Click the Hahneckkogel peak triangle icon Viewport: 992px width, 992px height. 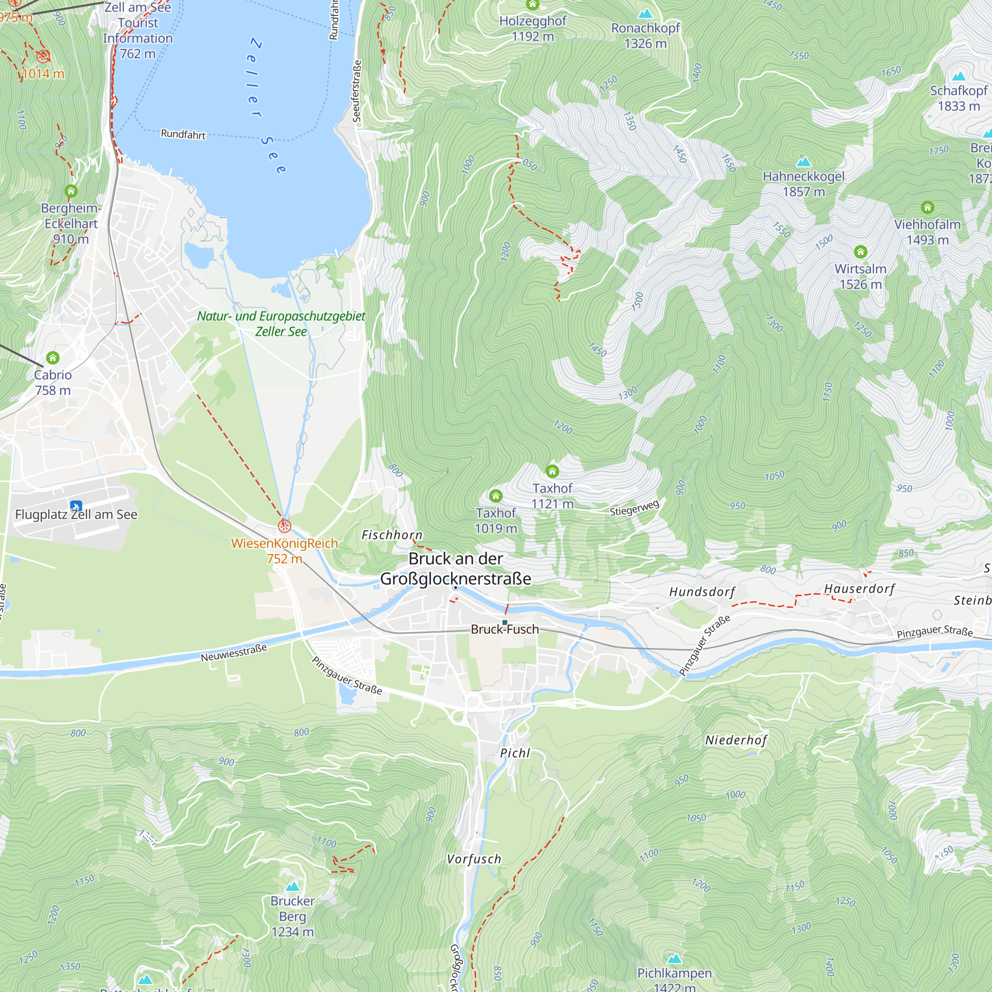[804, 162]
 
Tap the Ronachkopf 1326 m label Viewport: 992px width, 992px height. [645, 35]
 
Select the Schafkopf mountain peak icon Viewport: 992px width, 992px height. [959, 76]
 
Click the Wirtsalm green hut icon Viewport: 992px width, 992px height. [861, 251]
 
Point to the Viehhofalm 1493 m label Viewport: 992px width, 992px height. [928, 232]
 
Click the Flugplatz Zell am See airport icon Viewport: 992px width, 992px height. [76, 506]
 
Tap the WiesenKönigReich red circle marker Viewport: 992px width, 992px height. [284, 526]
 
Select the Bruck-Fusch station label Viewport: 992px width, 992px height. [505, 629]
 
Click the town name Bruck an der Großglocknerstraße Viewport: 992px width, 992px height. [455, 568]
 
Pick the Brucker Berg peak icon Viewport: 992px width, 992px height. [293, 886]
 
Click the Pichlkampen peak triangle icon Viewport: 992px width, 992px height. [674, 959]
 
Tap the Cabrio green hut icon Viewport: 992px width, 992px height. [53, 357]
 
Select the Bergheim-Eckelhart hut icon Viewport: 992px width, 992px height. [71, 191]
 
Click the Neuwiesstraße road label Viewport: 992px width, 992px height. [234, 653]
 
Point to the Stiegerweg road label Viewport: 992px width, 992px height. [634, 508]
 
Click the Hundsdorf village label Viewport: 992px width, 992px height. [702, 592]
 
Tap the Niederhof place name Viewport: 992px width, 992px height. [736, 740]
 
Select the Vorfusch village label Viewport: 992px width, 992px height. [473, 859]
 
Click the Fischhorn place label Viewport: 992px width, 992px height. [392, 535]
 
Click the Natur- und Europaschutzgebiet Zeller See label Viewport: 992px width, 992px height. [281, 323]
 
